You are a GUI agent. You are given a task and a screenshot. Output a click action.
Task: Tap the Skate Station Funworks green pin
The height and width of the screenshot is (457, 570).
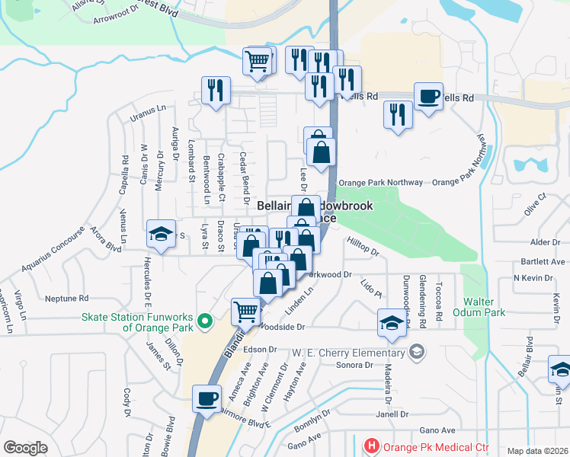(x=203, y=322)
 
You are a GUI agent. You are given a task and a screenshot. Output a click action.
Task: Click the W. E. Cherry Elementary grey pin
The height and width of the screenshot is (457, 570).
(x=416, y=352)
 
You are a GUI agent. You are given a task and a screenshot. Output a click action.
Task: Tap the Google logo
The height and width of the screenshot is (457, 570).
(x=25, y=448)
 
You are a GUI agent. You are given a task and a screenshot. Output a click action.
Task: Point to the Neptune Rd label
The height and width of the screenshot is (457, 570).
(x=67, y=298)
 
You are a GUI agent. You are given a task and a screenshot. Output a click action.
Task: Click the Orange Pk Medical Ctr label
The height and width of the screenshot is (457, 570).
(x=431, y=446)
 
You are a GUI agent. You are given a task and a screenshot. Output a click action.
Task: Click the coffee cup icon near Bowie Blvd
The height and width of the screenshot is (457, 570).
(x=207, y=399)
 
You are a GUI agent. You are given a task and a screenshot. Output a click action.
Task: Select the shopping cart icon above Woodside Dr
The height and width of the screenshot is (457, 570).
(x=245, y=311)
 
